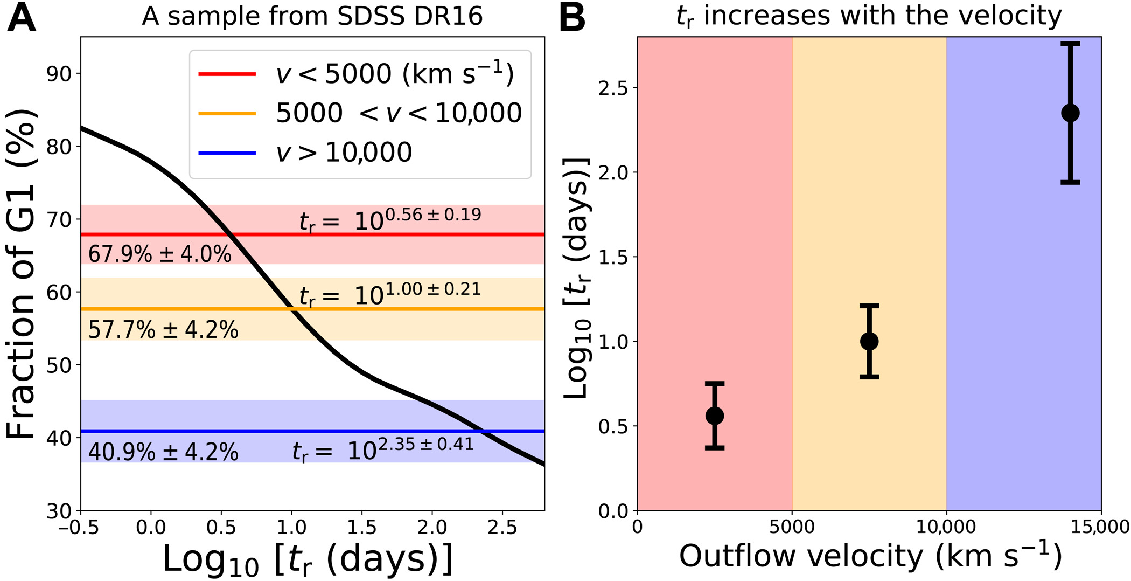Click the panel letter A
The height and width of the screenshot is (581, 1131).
[22, 18]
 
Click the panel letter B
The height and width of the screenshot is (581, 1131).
[573, 18]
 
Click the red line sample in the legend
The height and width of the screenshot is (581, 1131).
[227, 74]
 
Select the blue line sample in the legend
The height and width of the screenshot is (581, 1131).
[227, 153]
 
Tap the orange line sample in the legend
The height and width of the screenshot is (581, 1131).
[227, 113]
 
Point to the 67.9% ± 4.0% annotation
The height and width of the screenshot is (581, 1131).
[159, 254]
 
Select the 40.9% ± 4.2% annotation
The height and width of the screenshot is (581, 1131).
[163, 452]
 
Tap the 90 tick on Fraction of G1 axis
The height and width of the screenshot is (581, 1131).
[59, 74]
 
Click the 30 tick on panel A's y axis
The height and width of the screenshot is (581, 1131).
[59, 511]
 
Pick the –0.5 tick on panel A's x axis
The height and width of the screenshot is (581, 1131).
[79, 527]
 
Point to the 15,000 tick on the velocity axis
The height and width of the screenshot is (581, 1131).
[1100, 527]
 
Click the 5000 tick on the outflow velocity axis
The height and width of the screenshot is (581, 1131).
[792, 527]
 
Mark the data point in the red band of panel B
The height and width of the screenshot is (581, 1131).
[715, 416]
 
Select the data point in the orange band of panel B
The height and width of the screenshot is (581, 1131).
[869, 341]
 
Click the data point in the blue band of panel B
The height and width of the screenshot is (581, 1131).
[1070, 113]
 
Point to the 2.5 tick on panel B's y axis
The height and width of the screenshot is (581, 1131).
[613, 88]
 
